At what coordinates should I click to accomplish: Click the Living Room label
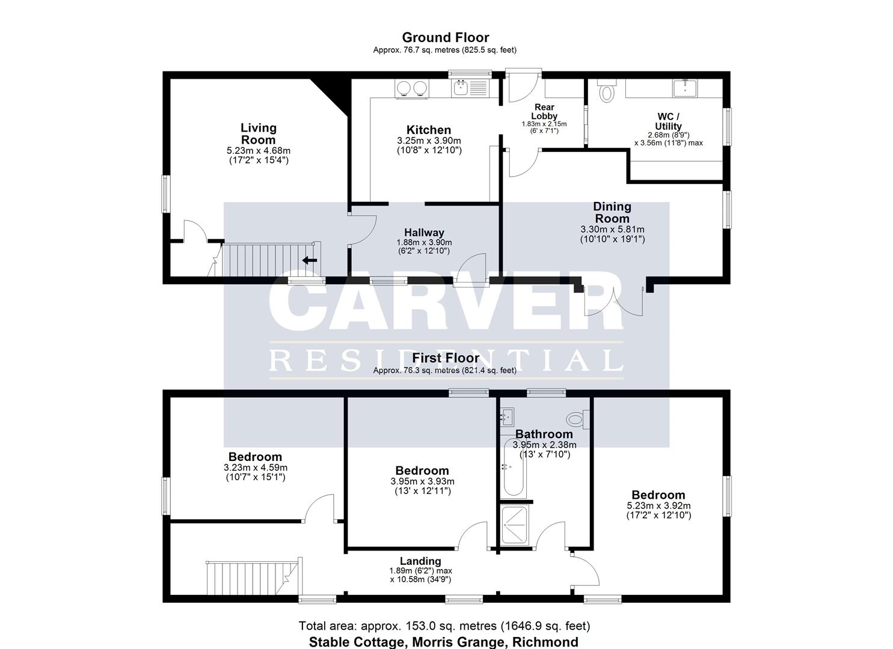coord(259,134)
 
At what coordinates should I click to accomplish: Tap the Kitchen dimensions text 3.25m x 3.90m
coord(429,141)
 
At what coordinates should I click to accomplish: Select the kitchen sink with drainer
coord(469,88)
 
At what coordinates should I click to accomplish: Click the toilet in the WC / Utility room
coord(607,90)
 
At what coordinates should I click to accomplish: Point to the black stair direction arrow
coord(309,261)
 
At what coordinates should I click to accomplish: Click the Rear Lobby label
coord(544,112)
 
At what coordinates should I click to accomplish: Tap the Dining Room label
coord(612,212)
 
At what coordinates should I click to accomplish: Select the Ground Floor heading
coord(446,37)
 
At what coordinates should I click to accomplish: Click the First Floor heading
coord(446,358)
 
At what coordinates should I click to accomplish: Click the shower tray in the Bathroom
coord(515,525)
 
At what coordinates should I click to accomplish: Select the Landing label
coord(420,561)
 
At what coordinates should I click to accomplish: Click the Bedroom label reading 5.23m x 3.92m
coord(658,495)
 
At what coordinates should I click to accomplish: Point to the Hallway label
coord(424,233)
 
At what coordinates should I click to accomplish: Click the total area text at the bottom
coord(444,626)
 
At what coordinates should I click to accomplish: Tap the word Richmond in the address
coord(545,642)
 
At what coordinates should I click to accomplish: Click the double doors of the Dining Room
coord(613,302)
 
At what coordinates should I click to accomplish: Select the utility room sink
coord(685,88)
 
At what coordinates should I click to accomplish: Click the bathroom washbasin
coord(508,416)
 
